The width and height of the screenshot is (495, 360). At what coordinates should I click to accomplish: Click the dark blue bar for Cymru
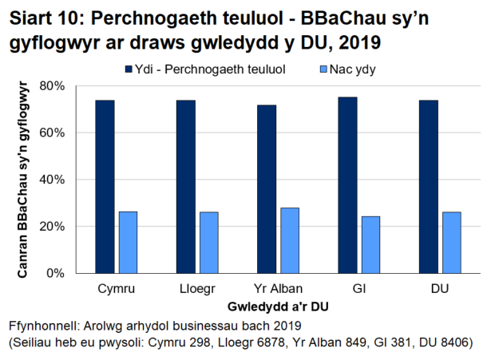[x=105, y=187]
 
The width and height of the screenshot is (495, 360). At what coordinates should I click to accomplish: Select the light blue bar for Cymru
[x=128, y=242]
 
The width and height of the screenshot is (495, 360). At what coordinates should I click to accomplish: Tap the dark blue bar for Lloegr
[x=186, y=187]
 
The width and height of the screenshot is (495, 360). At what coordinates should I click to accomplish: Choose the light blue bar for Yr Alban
[x=290, y=240]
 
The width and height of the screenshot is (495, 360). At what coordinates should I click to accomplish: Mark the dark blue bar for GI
[x=347, y=185]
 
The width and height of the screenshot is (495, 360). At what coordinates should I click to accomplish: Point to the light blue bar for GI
[x=370, y=244]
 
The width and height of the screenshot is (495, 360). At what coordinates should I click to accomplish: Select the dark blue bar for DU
[x=429, y=187]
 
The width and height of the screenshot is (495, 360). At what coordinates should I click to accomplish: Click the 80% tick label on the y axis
[x=53, y=85]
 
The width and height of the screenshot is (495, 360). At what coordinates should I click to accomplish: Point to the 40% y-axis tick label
[x=53, y=179]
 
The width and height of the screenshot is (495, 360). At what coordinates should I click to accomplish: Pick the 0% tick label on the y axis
[x=56, y=273]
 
